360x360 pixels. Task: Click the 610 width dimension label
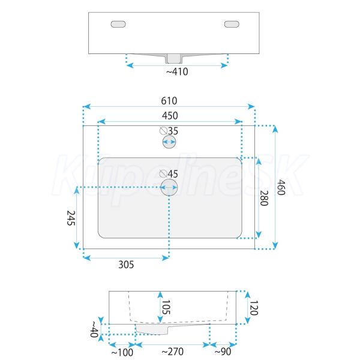pyautogui.click(x=169, y=101)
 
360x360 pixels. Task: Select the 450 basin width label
pyautogui.click(x=170, y=115)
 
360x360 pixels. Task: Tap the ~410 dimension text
pyautogui.click(x=177, y=71)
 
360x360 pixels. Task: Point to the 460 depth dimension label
pyautogui.click(x=281, y=187)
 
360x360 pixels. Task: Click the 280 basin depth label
pyautogui.click(x=264, y=198)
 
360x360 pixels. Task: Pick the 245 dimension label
pyautogui.click(x=71, y=218)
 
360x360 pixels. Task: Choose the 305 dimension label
pyautogui.click(x=126, y=265)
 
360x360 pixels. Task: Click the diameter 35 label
pyautogui.click(x=169, y=131)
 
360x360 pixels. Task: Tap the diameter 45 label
pyautogui.click(x=169, y=174)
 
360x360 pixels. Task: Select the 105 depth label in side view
pyautogui.click(x=166, y=307)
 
